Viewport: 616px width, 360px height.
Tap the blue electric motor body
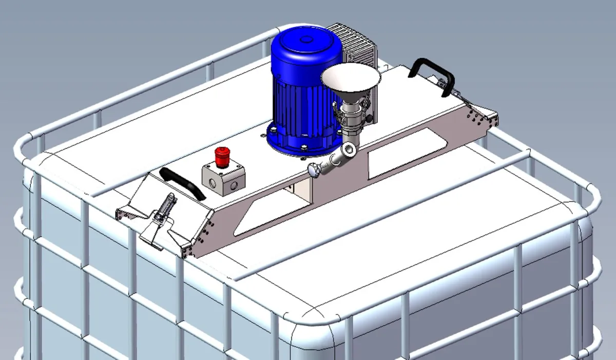coord(302,98)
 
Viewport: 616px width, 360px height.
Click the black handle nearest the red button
coord(183,182)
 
